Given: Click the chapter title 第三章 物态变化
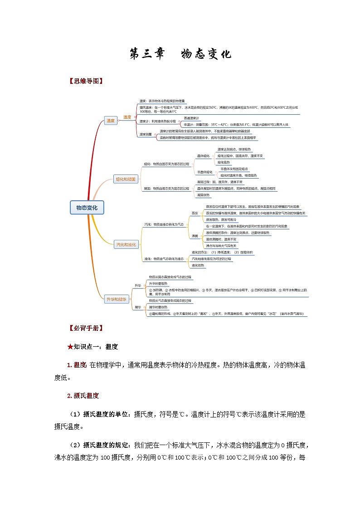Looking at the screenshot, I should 180,54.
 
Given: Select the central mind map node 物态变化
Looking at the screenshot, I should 87,208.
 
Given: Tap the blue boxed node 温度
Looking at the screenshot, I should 111,121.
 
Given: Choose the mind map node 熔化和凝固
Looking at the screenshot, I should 126,179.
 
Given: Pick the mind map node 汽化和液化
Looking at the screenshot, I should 126,244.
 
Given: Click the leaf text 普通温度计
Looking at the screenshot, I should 191,118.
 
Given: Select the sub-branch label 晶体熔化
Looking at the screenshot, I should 203,156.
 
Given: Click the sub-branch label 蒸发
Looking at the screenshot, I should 195,213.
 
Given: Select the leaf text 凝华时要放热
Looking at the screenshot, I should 158,307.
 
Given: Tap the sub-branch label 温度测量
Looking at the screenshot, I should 146,134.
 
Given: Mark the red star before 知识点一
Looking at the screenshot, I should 70,347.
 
